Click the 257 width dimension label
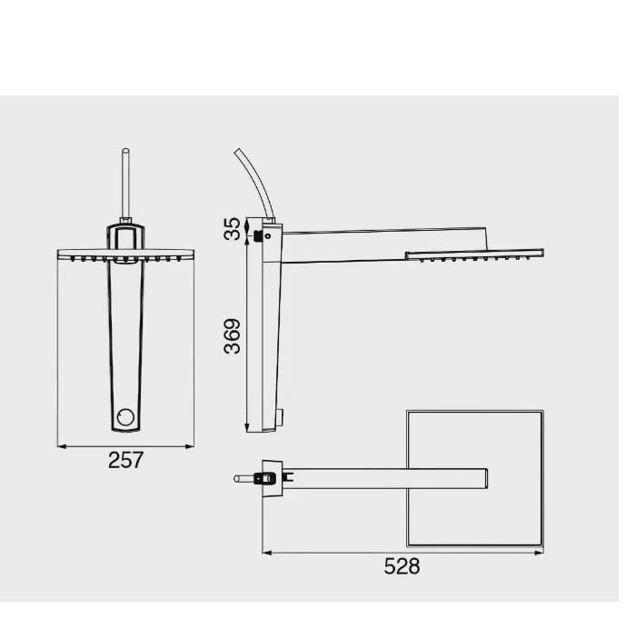(125, 460)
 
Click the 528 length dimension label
(402, 566)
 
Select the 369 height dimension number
(233, 336)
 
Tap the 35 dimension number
(233, 228)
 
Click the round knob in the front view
(125, 417)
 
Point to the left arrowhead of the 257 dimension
(62, 446)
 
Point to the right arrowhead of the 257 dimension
(190, 446)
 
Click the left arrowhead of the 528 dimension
(267, 553)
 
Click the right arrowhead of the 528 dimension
(539, 553)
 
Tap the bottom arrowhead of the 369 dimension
(247, 428)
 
